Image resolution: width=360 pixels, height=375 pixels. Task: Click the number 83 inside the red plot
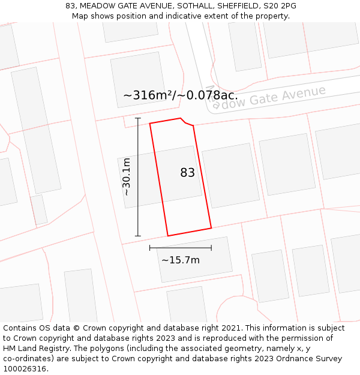tap(187, 173)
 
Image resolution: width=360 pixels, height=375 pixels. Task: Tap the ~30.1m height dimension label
tap(127, 177)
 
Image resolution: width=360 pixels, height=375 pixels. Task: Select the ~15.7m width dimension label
tap(181, 260)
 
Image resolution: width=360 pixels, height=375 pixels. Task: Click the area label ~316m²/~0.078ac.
tap(180, 95)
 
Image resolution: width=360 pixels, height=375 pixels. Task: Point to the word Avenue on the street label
tap(300, 94)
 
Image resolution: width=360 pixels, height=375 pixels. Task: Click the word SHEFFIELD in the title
tap(239, 6)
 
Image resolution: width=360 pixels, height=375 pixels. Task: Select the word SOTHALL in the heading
tap(192, 6)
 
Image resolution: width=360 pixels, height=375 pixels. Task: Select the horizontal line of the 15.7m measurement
tap(180, 247)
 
